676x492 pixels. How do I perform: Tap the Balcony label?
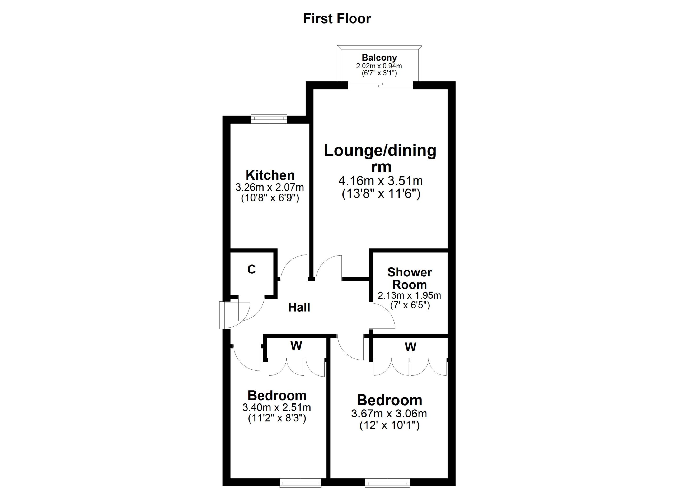379,57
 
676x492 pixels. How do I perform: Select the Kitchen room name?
270,175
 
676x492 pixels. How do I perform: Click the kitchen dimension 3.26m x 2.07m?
270,187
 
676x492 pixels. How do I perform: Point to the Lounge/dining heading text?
380,151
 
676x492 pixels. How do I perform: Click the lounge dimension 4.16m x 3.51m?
381,180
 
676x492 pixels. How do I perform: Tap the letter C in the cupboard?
252,269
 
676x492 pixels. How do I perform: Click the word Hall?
299,307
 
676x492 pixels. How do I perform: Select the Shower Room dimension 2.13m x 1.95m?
410,295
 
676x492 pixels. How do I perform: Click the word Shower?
410,272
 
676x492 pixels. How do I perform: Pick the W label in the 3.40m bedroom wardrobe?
296,346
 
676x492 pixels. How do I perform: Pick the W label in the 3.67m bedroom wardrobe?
410,347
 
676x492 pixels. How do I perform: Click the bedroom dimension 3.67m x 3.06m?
389,414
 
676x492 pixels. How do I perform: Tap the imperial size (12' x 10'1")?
389,425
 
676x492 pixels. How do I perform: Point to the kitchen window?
269,119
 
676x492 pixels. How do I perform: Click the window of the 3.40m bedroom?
301,482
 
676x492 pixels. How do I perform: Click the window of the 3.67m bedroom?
387,482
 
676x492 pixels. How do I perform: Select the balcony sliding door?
381,85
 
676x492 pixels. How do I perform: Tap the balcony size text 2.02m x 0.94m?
379,66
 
